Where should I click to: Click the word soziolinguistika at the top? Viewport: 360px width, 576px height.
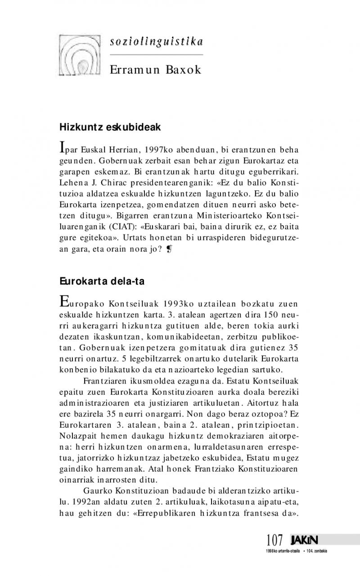156,42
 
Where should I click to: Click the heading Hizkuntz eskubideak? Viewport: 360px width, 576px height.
110,127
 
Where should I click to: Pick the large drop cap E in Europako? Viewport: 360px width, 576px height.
64,300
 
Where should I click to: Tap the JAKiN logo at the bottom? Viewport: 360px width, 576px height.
304,539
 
